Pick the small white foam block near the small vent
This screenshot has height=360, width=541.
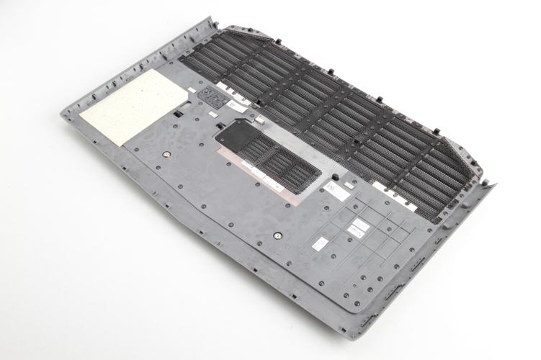tap(214, 114)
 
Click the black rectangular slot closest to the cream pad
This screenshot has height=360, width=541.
tap(176, 114)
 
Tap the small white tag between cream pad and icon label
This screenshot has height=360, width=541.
tap(192, 90)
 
